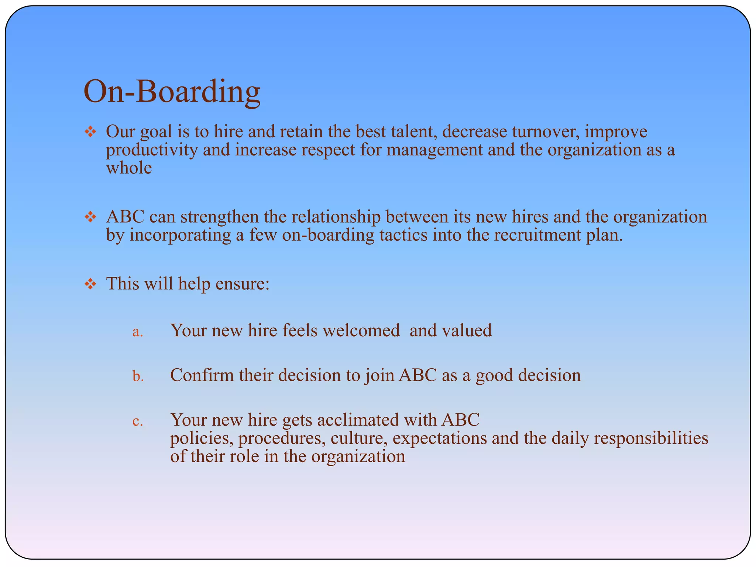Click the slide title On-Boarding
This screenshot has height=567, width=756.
[172, 92]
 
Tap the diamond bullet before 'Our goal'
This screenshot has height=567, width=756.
[90, 132]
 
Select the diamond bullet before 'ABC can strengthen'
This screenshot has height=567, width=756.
[90, 217]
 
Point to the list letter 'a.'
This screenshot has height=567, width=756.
[137, 332]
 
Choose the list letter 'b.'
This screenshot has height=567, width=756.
[138, 376]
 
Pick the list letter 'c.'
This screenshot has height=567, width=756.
[137, 421]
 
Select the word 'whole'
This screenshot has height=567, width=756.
[129, 168]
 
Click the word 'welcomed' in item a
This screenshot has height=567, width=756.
[361, 330]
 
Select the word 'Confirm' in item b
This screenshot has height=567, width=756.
[202, 375]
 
